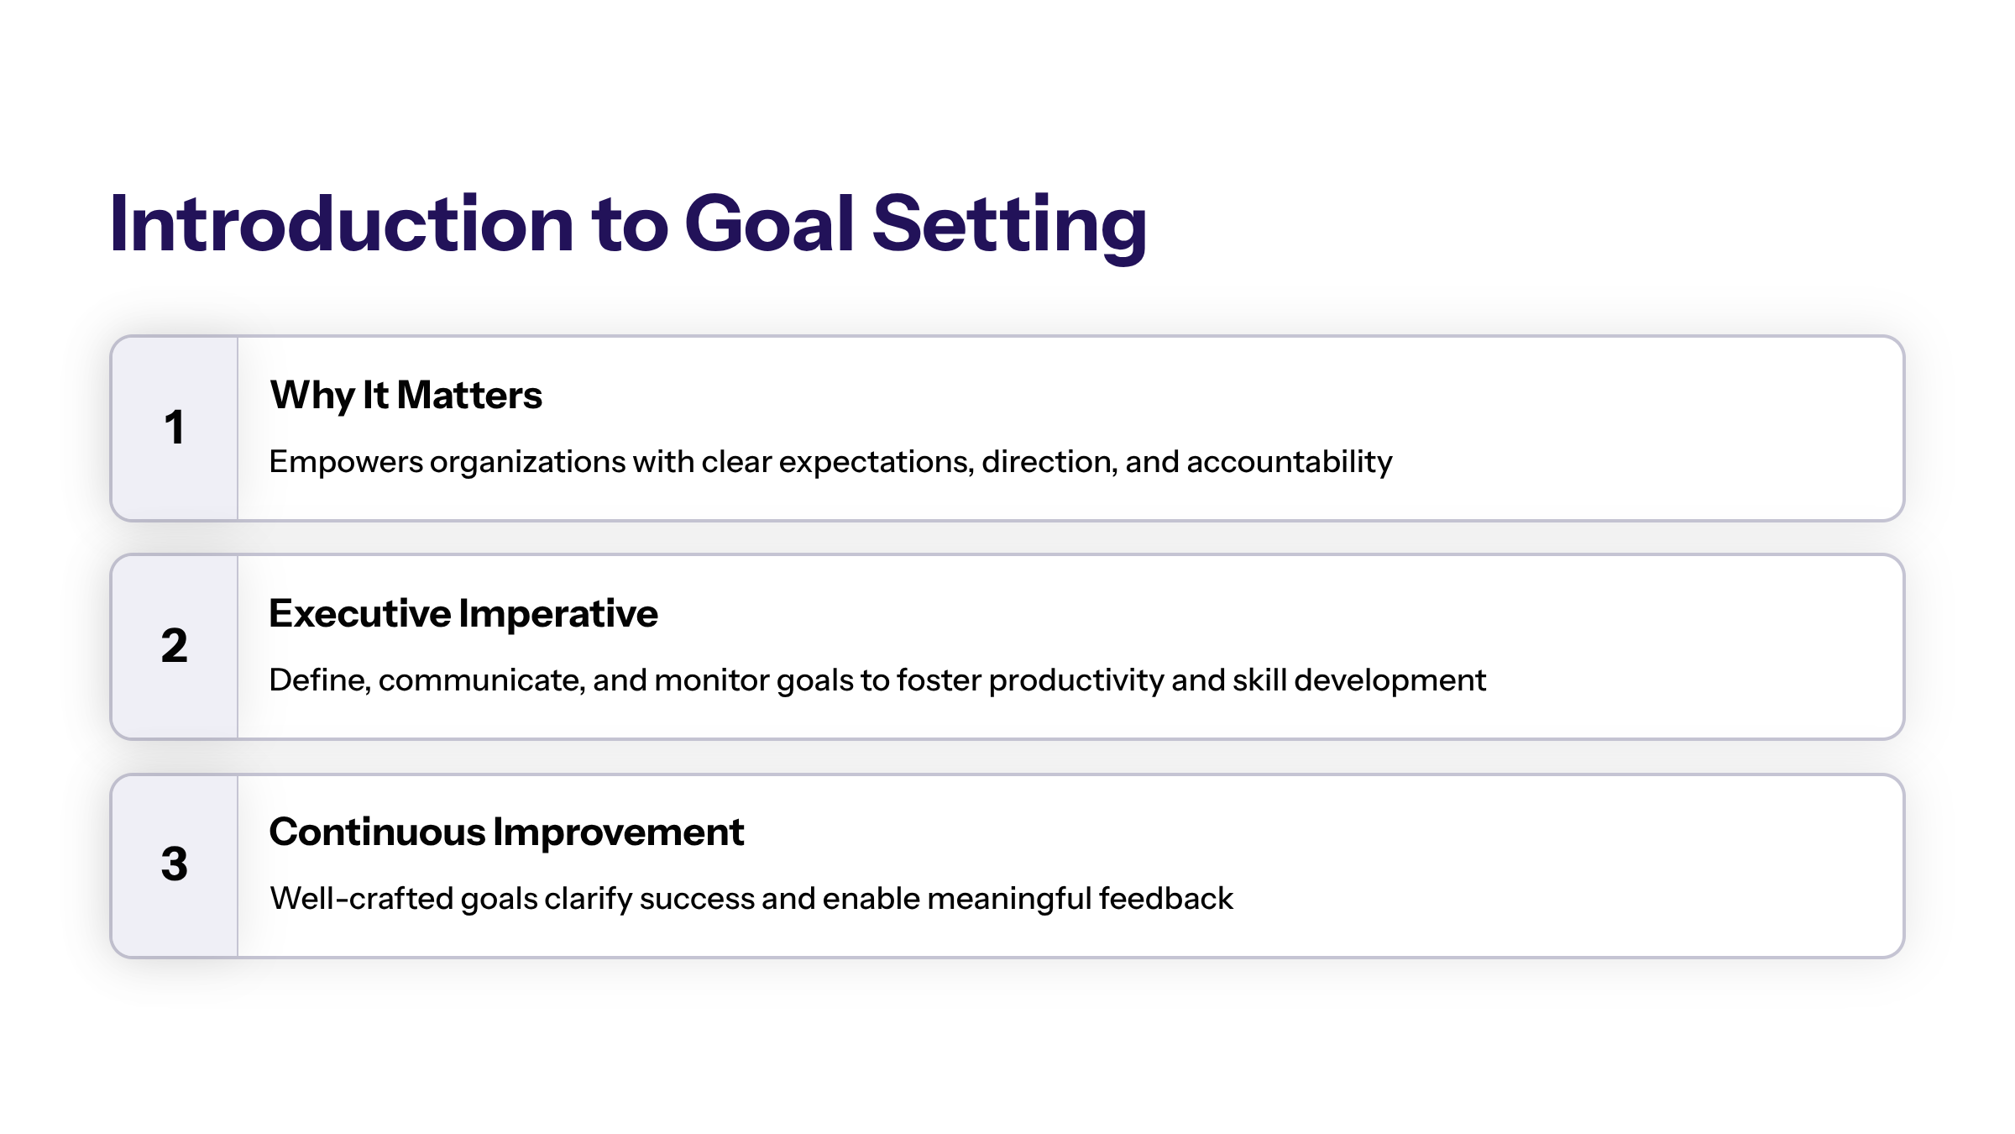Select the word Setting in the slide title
pos(1010,227)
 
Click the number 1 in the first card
pos(174,427)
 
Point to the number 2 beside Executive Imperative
pos(174,645)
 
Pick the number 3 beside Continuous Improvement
pos(174,864)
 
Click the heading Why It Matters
pos(406,396)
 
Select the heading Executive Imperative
pos(463,613)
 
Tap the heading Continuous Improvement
pos(506,832)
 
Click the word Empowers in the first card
pos(346,463)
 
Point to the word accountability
pos(1290,463)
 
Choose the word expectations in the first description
pos(877,463)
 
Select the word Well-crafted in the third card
pos(362,899)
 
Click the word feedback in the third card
pos(1166,899)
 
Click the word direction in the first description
pos(1049,463)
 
